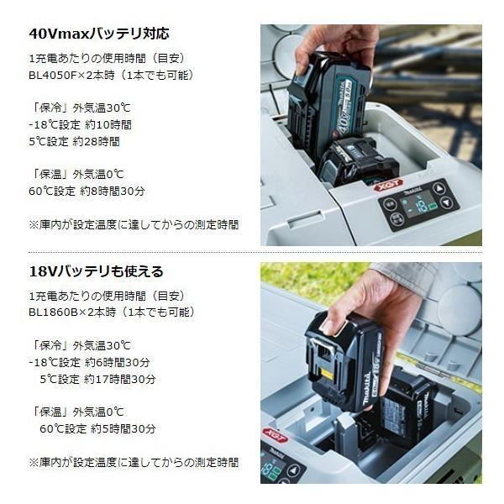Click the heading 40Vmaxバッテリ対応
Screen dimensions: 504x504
click(99, 34)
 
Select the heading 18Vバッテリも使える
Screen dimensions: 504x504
click(97, 271)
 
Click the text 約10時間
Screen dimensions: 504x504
click(108, 124)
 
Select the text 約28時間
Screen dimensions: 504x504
click(96, 141)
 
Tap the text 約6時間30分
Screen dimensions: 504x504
click(118, 363)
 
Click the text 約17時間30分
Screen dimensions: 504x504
click(119, 380)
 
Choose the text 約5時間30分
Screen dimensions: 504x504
click(123, 428)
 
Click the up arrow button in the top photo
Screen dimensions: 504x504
click(439, 189)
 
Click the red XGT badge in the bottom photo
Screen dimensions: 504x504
click(276, 434)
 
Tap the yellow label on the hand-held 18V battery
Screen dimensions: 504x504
click(328, 375)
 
